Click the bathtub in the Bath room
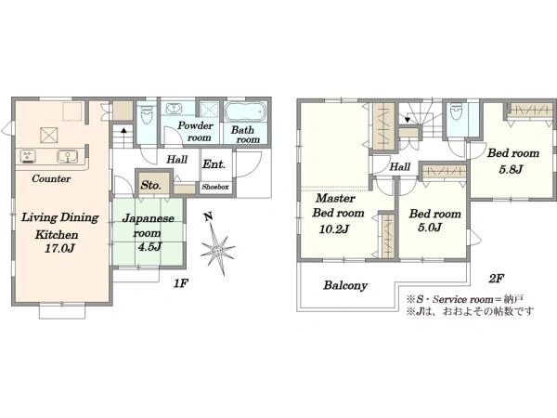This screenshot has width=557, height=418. (245, 112)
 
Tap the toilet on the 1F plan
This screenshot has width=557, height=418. (147, 114)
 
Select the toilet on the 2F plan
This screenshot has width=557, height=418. (456, 111)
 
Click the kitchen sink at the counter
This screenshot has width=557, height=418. (67, 156)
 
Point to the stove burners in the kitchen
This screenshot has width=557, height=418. (28, 156)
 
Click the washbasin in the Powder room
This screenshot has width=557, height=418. (174, 109)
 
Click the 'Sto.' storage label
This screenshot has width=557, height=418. (151, 185)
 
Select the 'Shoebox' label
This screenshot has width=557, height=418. (215, 187)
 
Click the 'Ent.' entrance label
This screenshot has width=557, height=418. (214, 164)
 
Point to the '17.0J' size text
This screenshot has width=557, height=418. (59, 248)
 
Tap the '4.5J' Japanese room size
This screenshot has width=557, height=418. (149, 246)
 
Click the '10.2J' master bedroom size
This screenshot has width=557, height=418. (334, 229)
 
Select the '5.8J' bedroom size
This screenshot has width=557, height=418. (511, 169)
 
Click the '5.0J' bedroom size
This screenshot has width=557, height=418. (430, 228)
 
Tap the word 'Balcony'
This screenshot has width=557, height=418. (345, 285)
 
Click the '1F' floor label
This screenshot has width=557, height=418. (181, 283)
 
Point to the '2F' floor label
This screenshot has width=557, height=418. (497, 279)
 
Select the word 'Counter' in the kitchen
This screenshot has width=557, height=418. (51, 178)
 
